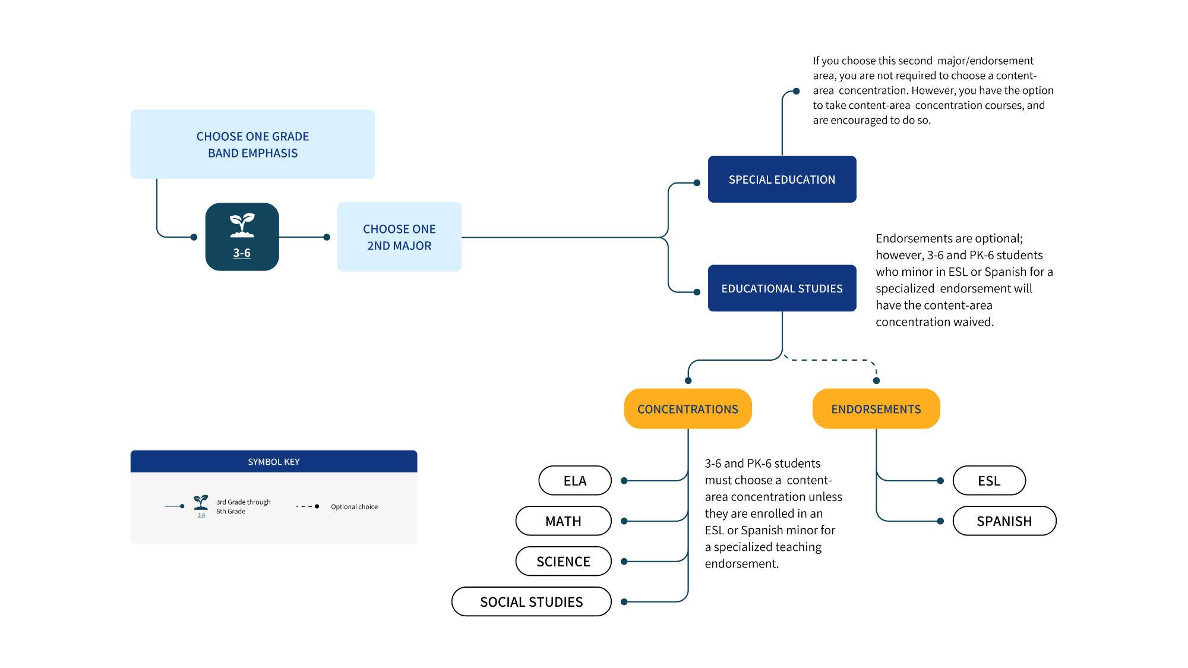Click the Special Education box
tap(782, 179)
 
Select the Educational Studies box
tap(782, 288)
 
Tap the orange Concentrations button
tap(688, 409)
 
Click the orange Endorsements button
tap(876, 409)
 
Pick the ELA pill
tap(575, 480)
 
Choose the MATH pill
tap(563, 521)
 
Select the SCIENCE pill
tap(563, 561)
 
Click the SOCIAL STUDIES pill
tap(532, 601)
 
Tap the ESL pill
tap(989, 480)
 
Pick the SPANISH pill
tap(1004, 521)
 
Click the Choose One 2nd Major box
tap(399, 237)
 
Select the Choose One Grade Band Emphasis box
tap(252, 144)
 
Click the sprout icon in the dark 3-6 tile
tap(242, 225)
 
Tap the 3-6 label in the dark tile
tap(242, 253)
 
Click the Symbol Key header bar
tap(274, 461)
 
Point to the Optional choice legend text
tap(354, 506)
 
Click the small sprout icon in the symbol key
tap(201, 503)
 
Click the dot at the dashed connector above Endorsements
tap(876, 380)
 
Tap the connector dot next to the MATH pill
tap(624, 521)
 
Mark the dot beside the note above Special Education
tap(797, 92)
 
